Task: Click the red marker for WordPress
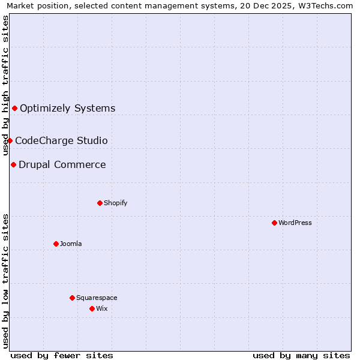pos(274,223)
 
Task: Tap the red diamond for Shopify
pos(100,203)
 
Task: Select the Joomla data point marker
pos(56,244)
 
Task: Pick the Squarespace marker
pos(72,298)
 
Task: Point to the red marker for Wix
pos(92,308)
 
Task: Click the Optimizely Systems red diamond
pos(14,108)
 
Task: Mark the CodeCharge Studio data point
pos(10,140)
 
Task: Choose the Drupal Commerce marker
pos(13,164)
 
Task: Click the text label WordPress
pos(295,223)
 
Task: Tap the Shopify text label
pos(116,203)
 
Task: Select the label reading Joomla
pos(71,244)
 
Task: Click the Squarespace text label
pos(97,298)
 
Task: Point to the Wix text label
pos(102,308)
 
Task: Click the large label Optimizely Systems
pos(68,109)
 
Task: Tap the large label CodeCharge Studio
pos(61,141)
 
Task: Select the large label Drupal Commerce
pos(62,165)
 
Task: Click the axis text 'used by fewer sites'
pos(62,355)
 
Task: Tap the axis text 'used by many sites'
pos(301,355)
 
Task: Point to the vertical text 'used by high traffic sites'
pos(6,86)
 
